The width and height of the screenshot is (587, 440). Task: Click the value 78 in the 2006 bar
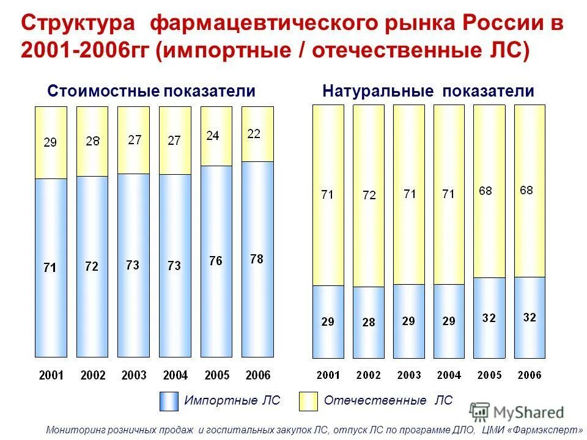[257, 259]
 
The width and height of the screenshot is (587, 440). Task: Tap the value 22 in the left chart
[254, 134]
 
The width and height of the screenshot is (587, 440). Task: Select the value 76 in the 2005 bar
[215, 261]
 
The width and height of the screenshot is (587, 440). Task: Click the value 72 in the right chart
[369, 196]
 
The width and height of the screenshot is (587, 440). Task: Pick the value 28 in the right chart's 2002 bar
[368, 323]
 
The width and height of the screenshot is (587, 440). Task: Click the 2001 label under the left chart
[51, 375]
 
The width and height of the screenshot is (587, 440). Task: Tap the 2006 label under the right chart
[530, 375]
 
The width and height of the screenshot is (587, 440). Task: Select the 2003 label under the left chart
[133, 375]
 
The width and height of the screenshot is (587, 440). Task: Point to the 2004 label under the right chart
[449, 375]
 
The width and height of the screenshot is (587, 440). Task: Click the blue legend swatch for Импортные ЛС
[169, 402]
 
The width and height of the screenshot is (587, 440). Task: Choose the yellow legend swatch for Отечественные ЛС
[308, 402]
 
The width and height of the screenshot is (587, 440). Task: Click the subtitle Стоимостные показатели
[151, 92]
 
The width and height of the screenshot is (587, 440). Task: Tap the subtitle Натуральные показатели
[428, 92]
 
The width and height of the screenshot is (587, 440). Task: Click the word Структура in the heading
[78, 24]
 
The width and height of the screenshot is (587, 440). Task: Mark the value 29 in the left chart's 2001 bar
[50, 142]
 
